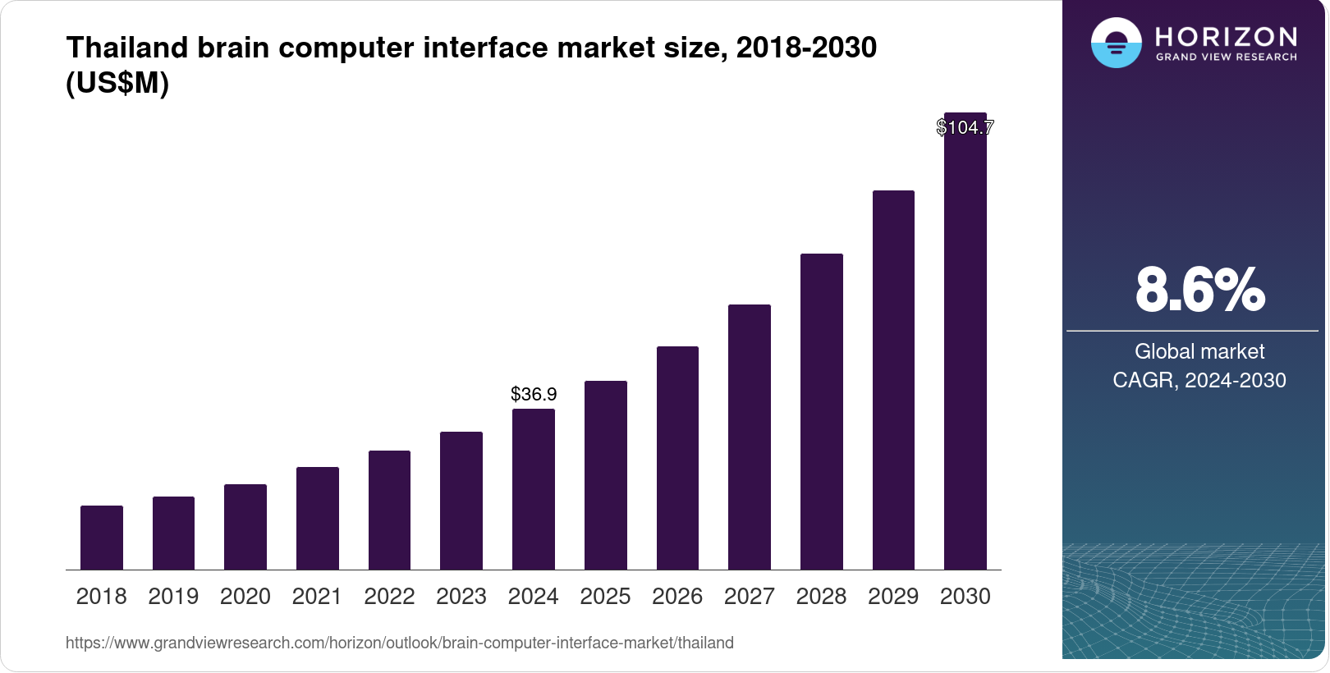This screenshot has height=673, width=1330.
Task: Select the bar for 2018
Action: click(x=102, y=538)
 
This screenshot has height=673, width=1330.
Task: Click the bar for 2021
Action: click(x=318, y=518)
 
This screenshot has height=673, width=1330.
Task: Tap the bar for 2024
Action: click(x=534, y=489)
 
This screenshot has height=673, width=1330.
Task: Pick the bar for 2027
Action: click(x=750, y=437)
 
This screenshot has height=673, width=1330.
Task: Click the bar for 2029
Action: click(x=893, y=380)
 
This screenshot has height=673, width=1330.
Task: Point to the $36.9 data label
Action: click(x=534, y=394)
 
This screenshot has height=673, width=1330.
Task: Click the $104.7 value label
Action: click(x=965, y=127)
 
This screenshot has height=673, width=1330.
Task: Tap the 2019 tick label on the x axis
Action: click(x=173, y=597)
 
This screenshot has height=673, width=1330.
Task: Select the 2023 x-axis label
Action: click(x=461, y=597)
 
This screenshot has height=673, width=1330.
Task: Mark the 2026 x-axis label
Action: click(x=677, y=597)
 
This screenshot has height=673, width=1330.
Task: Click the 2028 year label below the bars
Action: click(x=821, y=597)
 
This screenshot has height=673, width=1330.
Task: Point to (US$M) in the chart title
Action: click(x=117, y=83)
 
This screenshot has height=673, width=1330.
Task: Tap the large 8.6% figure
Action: click(x=1199, y=290)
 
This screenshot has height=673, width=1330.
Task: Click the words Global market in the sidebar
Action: click(x=1199, y=351)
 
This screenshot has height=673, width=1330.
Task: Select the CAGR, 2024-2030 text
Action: click(x=1199, y=380)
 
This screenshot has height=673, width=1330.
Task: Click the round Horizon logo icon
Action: click(x=1116, y=43)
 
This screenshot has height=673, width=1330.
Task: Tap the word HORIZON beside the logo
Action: click(x=1226, y=36)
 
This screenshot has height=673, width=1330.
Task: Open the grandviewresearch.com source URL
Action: click(x=400, y=643)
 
